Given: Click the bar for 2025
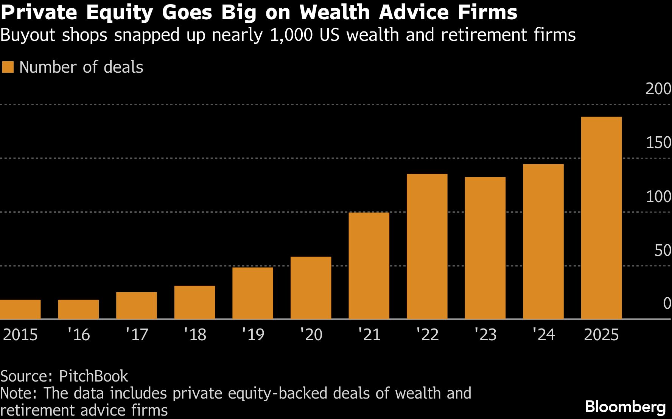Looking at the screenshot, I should (x=601, y=218).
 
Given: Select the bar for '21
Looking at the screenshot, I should (x=369, y=266).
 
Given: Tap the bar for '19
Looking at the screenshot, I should (x=253, y=293).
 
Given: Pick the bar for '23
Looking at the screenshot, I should (x=485, y=248).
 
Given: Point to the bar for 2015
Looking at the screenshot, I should (x=20, y=309).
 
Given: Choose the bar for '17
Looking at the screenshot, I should (x=136, y=305).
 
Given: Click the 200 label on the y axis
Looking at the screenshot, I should (x=658, y=89).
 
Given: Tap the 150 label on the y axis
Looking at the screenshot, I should (x=658, y=143).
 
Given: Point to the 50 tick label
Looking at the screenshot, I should (x=663, y=250).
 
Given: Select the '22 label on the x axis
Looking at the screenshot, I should (x=427, y=335).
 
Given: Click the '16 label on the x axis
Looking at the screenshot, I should (x=79, y=335).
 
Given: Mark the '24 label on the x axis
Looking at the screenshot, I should (x=543, y=335).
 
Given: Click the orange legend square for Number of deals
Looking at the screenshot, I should (x=8, y=67).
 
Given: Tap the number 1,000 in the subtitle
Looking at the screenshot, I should (x=291, y=35).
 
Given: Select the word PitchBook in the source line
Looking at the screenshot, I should (x=93, y=376).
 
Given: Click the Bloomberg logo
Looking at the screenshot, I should (x=625, y=407).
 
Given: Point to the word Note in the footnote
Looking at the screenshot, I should (x=18, y=393).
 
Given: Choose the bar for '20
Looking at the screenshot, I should (x=311, y=288).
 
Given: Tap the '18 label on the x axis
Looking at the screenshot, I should (x=195, y=335).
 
